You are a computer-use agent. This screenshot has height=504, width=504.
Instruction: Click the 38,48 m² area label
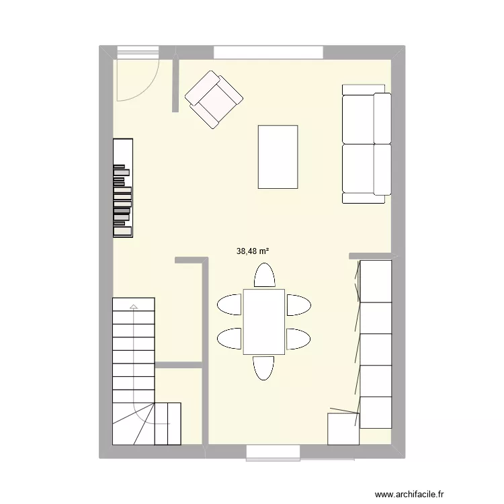click(x=253, y=251)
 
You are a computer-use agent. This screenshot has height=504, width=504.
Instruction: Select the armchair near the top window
click(x=214, y=99)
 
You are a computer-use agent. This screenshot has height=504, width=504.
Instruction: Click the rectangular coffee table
click(x=278, y=157)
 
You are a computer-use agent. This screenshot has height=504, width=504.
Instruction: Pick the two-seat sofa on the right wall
click(x=366, y=144)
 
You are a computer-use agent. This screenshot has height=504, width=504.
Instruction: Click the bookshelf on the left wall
click(x=123, y=187)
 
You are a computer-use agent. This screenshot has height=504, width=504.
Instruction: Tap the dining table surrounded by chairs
click(x=263, y=321)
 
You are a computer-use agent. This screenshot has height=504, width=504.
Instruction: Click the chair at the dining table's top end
click(x=264, y=276)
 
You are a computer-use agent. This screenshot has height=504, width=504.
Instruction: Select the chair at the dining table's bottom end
click(x=263, y=367)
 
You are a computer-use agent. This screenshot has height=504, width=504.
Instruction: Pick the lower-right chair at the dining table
click(x=298, y=338)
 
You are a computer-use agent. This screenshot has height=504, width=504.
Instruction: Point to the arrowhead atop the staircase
click(x=134, y=307)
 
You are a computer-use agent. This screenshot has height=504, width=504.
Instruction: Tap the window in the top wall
click(x=268, y=52)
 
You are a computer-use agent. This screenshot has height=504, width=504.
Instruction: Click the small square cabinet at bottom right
click(x=341, y=429)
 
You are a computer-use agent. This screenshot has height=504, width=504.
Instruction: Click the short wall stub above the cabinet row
click(x=370, y=256)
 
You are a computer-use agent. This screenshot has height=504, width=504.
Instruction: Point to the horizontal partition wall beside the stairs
click(x=179, y=366)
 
